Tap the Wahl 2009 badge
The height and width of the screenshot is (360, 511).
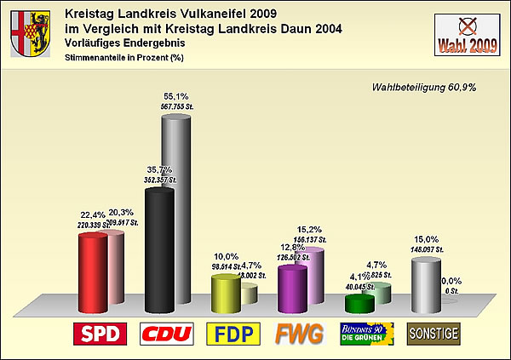(467, 35)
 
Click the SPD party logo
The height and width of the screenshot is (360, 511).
(100, 334)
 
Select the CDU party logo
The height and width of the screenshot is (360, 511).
(166, 334)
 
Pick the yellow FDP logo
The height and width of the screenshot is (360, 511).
(233, 334)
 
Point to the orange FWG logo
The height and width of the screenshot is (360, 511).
(299, 334)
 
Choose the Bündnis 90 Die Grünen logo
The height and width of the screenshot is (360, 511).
(366, 333)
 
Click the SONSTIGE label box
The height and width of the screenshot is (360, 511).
(433, 333)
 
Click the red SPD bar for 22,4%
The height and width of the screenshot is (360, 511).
(92, 272)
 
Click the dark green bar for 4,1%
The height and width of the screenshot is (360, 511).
(359, 302)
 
